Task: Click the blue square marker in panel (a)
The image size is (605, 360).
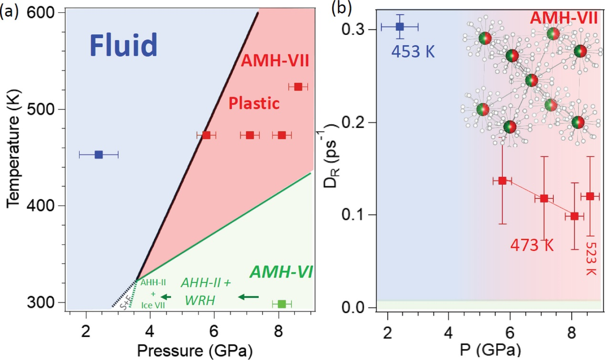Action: tap(99, 154)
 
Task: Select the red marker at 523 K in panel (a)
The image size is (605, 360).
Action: tap(298, 87)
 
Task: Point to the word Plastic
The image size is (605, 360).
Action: tap(253, 103)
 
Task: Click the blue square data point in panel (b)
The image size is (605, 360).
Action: tap(400, 27)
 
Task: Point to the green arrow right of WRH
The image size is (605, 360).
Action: tap(248, 298)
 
